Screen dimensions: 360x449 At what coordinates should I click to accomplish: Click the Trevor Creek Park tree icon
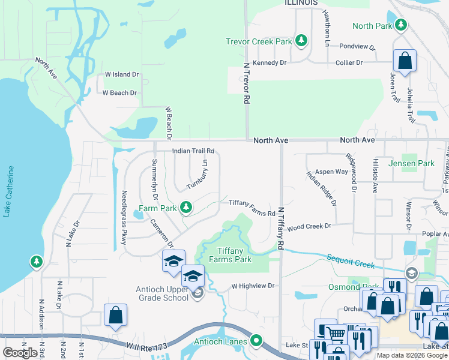tap(301, 41)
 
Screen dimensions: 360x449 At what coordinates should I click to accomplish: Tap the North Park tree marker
tap(400, 25)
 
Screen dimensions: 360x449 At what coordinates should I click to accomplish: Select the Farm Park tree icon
tap(186, 208)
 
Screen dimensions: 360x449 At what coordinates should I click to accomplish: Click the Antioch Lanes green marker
tap(257, 342)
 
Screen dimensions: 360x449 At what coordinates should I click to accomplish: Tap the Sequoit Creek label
tap(351, 261)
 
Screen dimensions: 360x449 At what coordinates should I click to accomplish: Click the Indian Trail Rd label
tap(193, 151)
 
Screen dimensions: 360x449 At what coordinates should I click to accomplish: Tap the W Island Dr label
tap(122, 74)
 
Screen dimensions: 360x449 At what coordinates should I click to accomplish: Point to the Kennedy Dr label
tap(270, 62)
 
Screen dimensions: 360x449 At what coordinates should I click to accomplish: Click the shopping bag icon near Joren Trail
tap(405, 61)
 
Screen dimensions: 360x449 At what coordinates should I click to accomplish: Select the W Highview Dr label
tap(253, 286)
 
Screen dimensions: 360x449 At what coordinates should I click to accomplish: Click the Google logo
tap(20, 353)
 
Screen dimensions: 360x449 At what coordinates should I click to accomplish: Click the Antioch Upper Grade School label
tap(162, 293)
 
